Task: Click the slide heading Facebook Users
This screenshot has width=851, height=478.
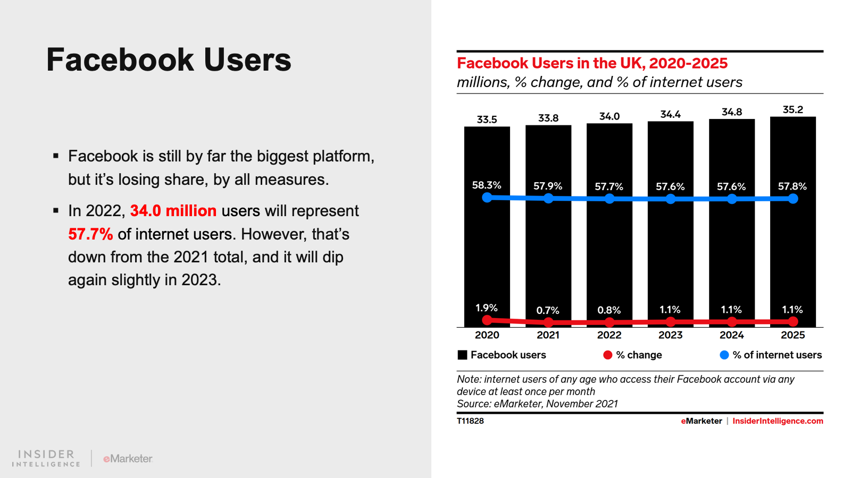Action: click(169, 59)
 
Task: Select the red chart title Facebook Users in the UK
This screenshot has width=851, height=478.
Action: click(592, 63)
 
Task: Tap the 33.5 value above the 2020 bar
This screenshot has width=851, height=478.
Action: click(487, 119)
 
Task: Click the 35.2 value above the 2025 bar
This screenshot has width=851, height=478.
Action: click(792, 110)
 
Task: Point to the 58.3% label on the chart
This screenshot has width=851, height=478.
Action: click(487, 185)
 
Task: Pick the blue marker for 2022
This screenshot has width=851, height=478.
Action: click(610, 199)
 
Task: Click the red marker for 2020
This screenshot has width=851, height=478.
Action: click(487, 320)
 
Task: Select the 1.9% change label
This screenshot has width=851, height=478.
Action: click(486, 308)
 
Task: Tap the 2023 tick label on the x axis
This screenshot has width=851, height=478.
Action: click(670, 335)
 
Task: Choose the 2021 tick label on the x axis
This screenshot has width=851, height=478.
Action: click(548, 335)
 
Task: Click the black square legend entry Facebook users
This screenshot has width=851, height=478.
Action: click(463, 355)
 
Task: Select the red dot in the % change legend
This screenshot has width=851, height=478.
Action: click(607, 355)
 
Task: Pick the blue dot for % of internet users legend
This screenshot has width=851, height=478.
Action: click(724, 355)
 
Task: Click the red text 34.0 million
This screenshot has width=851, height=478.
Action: click(173, 211)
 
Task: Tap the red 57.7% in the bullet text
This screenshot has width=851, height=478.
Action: click(90, 234)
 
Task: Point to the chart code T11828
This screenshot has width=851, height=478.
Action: click(470, 421)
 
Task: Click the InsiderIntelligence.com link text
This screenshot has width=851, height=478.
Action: click(778, 421)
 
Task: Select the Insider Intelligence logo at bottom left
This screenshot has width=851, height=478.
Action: click(46, 458)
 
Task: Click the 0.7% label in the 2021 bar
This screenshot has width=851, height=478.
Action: click(547, 311)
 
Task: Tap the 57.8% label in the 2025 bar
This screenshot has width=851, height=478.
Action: click(792, 186)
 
